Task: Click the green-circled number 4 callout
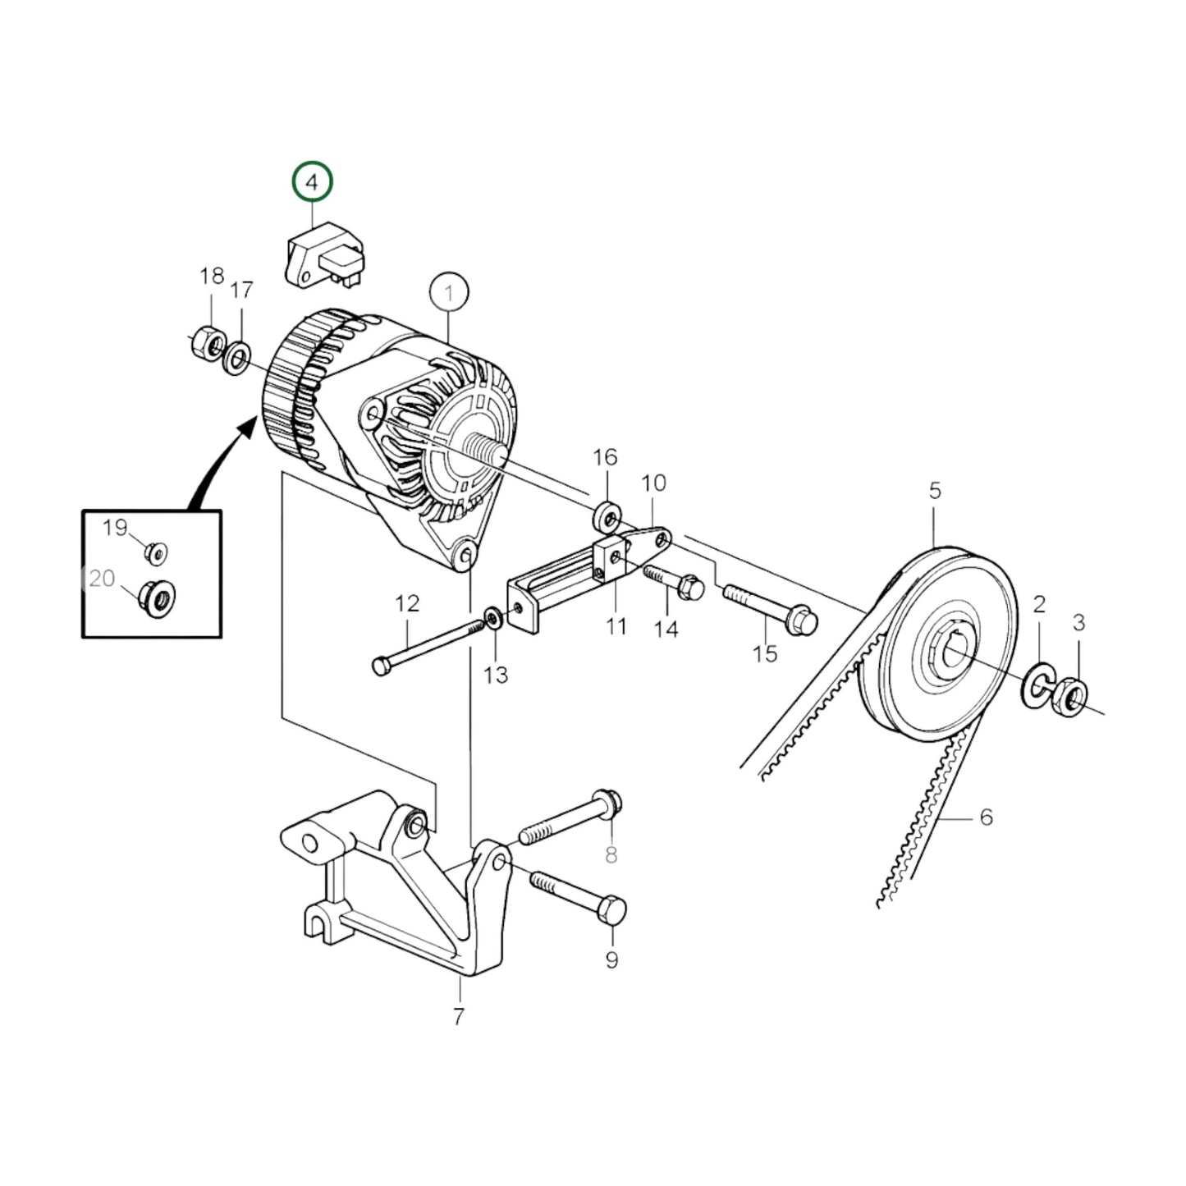(313, 183)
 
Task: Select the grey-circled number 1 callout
(449, 292)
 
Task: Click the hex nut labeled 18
(206, 342)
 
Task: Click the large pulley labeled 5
(940, 644)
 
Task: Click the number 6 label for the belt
(986, 817)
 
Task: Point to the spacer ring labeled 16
(607, 518)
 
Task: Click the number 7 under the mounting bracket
(458, 1016)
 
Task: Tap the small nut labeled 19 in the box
(155, 552)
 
